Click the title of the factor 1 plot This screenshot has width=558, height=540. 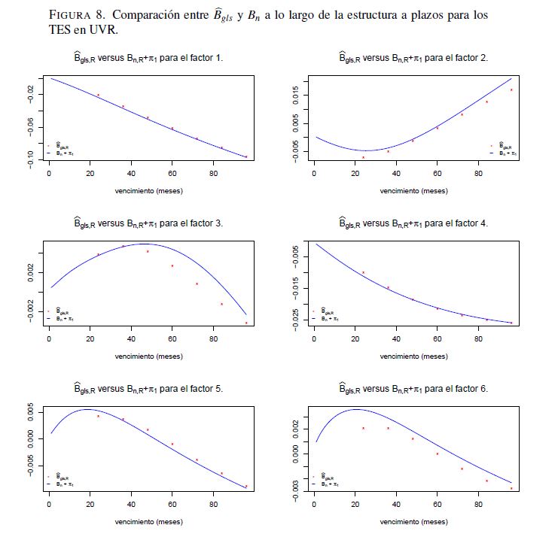click(x=148, y=57)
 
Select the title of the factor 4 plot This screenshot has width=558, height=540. click(x=413, y=223)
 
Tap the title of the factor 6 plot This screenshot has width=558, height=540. click(x=413, y=389)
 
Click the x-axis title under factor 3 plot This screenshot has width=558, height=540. click(x=148, y=356)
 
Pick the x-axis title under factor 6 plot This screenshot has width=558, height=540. click(x=413, y=521)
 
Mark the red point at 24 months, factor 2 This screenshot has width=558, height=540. click(x=363, y=157)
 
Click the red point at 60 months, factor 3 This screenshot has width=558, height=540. click(x=172, y=265)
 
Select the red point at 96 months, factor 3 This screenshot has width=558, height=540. click(x=246, y=323)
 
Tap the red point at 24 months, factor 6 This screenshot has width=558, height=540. click(x=363, y=428)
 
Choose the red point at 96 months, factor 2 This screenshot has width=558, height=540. click(x=511, y=90)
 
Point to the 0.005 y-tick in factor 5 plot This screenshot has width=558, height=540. click(x=31, y=413)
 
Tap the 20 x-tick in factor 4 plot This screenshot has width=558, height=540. click(x=355, y=341)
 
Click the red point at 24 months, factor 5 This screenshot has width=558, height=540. click(x=98, y=416)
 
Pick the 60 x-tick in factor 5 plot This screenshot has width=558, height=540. click(x=172, y=505)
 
